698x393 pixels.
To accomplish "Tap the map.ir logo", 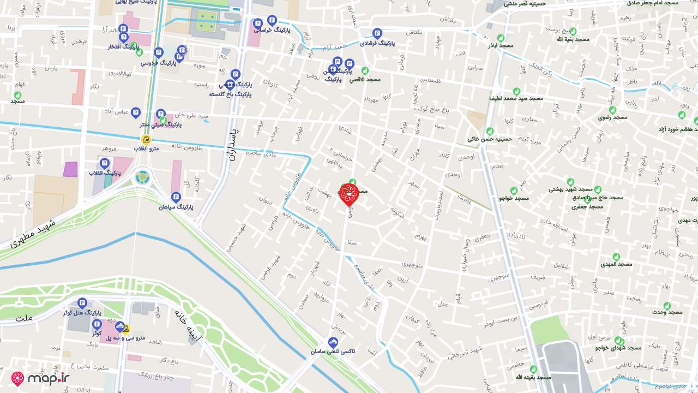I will point(40,379).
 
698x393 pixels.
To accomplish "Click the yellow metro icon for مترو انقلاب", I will point(146,140).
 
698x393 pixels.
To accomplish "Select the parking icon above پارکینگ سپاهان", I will point(176,196).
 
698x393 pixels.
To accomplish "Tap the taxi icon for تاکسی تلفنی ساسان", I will point(333,342).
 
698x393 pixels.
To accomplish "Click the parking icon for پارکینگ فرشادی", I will point(377,33).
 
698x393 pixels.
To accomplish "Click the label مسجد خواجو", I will point(514,198).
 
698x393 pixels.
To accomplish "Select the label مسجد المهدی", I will point(616,264).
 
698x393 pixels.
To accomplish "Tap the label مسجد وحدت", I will point(667,312).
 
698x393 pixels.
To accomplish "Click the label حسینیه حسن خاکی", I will point(490,139).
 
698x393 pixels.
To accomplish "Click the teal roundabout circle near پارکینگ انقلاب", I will point(142,177).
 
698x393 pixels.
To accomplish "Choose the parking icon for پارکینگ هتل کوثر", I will point(82,303).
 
